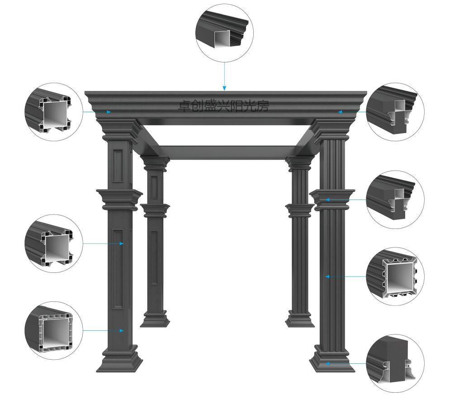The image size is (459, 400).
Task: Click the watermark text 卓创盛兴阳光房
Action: click(223, 106)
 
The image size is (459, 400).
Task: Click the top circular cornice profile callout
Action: click(224, 33)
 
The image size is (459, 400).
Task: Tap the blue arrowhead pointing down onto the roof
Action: click(224, 88)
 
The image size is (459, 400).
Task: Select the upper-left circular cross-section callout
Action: click(54, 112)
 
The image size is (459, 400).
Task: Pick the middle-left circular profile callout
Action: click(54, 243)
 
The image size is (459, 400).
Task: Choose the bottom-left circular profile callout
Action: click(54, 331)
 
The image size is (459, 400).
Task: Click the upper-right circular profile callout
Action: click(395, 112)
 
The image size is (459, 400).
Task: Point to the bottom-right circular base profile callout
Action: click(395, 363)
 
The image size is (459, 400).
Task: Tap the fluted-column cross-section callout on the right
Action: click(395, 276)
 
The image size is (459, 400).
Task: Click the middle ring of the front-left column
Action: click(119, 200)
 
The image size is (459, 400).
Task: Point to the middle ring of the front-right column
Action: click(332, 200)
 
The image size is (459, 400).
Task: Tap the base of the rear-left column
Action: click(155, 319)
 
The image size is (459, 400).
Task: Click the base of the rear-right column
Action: click(300, 319)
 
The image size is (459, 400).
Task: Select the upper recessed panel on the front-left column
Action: click(118, 166)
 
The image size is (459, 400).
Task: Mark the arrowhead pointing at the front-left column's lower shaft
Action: click(122, 331)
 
